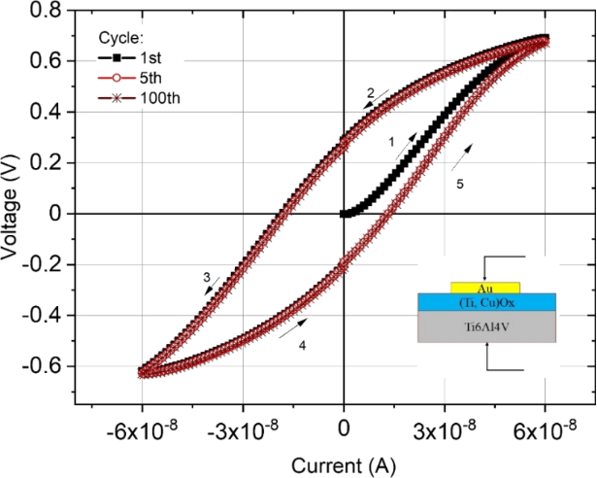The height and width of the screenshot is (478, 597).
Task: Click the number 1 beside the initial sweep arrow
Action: [391, 142]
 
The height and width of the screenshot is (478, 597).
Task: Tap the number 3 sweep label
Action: [207, 278]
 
